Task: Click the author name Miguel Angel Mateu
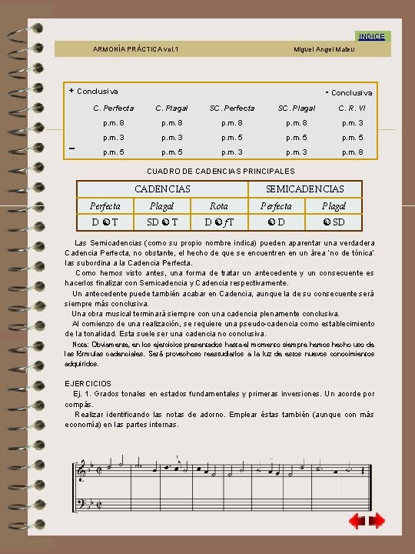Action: [x=324, y=49]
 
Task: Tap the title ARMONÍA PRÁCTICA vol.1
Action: [x=135, y=49]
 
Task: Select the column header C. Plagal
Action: [x=171, y=108]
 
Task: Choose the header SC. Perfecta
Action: [x=232, y=108]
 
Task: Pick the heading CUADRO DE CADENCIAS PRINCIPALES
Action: [x=220, y=171]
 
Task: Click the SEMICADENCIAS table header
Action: [x=304, y=189]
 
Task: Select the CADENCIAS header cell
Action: [x=162, y=189]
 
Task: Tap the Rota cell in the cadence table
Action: [x=219, y=206]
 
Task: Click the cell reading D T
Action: [x=105, y=222]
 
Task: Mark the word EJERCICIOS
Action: [x=88, y=383]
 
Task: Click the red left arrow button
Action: [x=357, y=521]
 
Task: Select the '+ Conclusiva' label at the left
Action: [x=93, y=91]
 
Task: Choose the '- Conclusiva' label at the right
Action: [x=349, y=92]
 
